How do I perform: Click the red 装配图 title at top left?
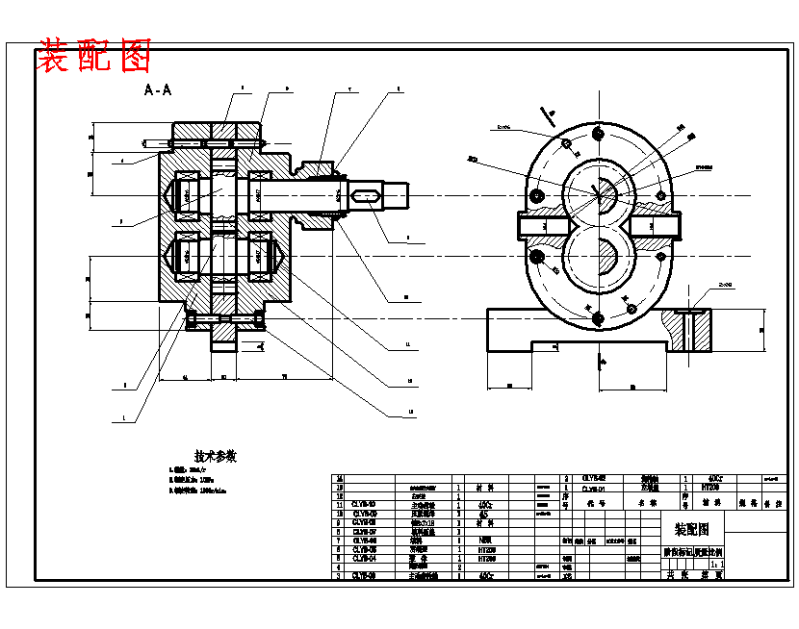pos(94,57)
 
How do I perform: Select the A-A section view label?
pos(158,90)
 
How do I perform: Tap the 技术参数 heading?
pos(216,456)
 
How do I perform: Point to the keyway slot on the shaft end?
pos(367,195)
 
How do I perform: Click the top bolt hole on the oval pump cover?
pos(597,133)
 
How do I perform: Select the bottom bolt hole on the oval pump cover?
pos(597,319)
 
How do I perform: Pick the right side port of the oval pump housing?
pos(657,226)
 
